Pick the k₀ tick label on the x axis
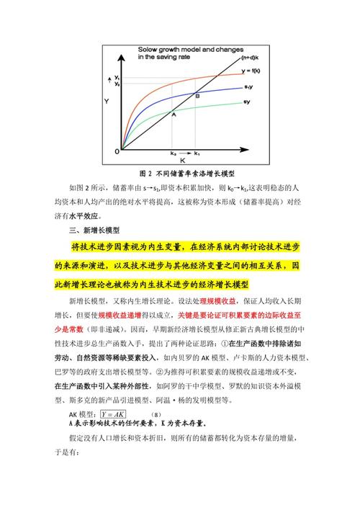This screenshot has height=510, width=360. click(173, 153)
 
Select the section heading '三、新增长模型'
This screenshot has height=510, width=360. click(94, 231)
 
